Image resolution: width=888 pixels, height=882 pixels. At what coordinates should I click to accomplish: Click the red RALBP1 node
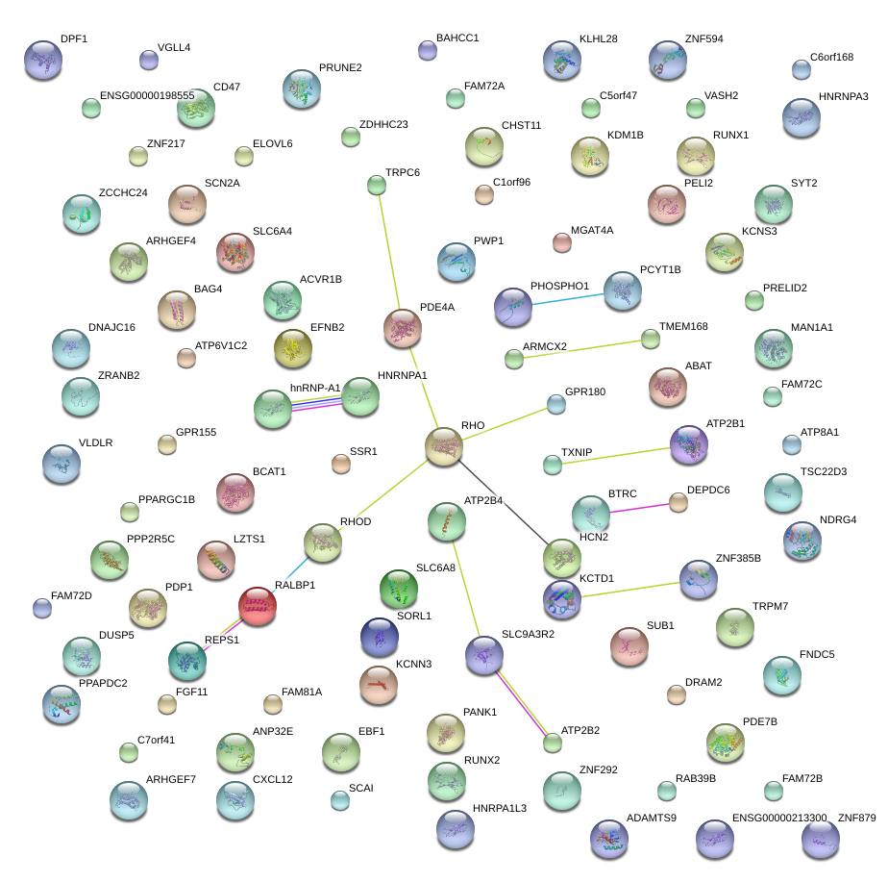[x=257, y=606]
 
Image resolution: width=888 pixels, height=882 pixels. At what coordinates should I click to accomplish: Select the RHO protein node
[x=444, y=447]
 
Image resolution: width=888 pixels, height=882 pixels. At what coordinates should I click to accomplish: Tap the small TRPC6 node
[x=376, y=184]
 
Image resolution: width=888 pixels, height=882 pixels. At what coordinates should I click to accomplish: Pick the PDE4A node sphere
[x=403, y=328]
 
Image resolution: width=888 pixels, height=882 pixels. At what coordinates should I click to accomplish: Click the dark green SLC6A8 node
[x=398, y=589]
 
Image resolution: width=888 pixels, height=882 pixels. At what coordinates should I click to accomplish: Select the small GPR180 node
[x=555, y=403]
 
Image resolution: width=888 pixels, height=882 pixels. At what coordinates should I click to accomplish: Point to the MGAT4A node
[x=562, y=241]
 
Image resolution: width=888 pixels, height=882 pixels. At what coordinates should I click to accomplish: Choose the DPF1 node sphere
[x=42, y=60]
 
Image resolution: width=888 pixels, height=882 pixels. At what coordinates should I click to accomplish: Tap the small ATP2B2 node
[x=552, y=742]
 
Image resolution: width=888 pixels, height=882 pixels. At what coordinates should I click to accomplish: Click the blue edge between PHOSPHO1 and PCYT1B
[x=567, y=297]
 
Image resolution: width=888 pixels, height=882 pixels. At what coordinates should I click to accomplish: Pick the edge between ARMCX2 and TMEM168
[x=582, y=348]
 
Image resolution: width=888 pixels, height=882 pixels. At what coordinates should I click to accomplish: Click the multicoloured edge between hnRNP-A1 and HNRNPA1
[x=316, y=404]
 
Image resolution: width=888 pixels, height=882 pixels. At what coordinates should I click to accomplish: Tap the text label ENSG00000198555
[x=147, y=96]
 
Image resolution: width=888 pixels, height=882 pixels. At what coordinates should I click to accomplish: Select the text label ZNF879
[x=857, y=818]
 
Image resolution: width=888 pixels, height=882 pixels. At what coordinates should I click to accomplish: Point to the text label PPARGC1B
[x=166, y=499]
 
